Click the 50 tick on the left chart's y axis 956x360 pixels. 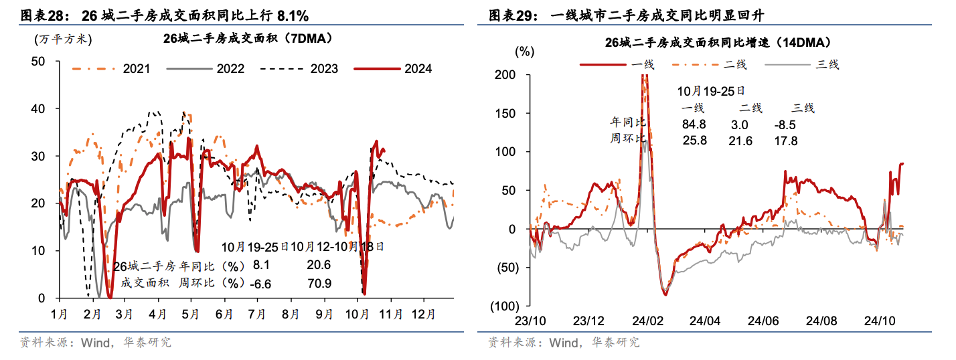(38, 61)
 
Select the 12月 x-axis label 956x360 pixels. (422, 313)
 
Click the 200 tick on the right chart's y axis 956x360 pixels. (505, 74)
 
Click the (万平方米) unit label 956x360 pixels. (62, 39)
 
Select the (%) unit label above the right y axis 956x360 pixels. (524, 51)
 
